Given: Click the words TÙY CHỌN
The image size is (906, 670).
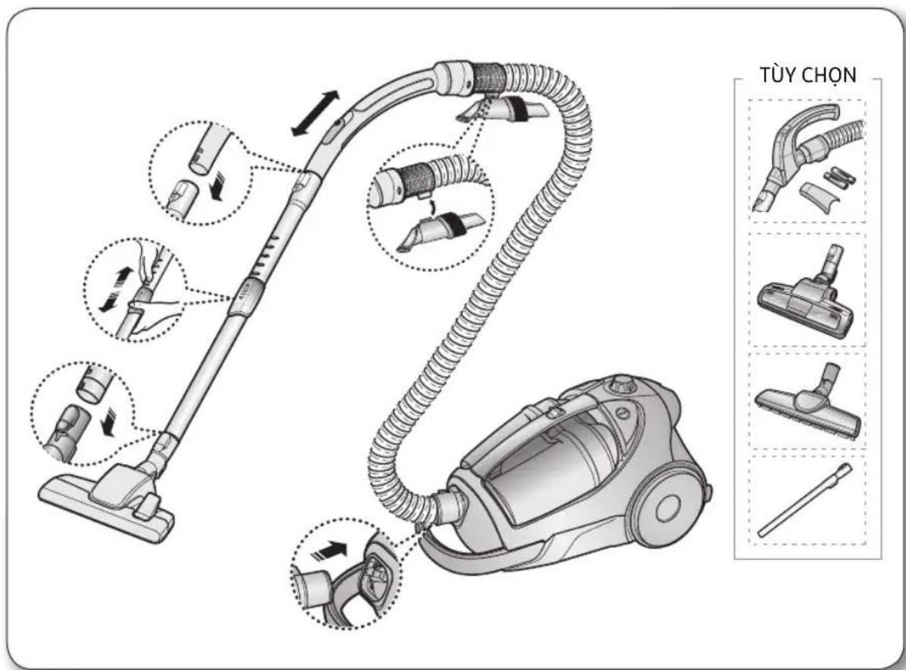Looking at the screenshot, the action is tap(807, 76).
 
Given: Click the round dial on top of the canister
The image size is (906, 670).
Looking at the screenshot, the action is tap(620, 384).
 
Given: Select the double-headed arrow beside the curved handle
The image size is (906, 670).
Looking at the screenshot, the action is tap(315, 113).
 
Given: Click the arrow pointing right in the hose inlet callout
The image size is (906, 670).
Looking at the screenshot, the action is tap(329, 550).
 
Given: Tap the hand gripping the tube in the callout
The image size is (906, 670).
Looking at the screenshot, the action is tap(153, 312).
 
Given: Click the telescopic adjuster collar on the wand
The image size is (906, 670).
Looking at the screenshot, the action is tap(246, 296).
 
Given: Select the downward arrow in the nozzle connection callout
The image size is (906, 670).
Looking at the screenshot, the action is tap(107, 422).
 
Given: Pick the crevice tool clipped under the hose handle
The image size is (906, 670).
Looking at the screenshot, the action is tap(501, 110).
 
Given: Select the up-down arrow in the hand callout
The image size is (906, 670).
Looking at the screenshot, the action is tap(116, 289).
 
